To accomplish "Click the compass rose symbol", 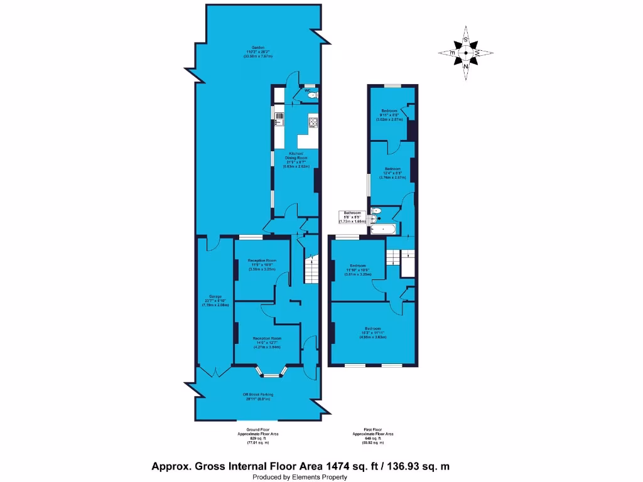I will coord(465,53).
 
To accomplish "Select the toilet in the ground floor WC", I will coord(312,95).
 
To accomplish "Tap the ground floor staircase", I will coord(310,270).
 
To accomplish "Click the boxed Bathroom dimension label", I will coord(354,217).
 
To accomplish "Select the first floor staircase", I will coord(392,257).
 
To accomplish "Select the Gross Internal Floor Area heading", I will coord(300,466).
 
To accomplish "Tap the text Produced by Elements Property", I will coord(300,477).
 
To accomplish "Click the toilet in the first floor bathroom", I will coord(376,211).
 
